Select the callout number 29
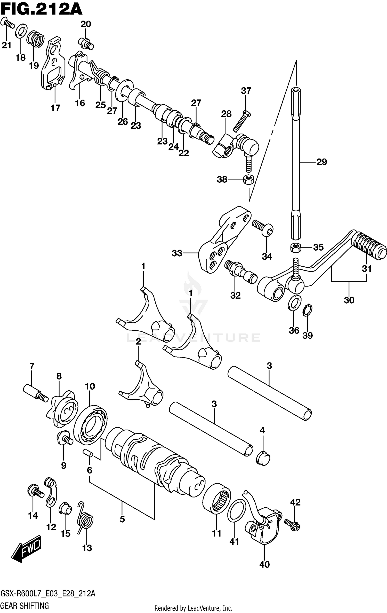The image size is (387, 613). click(321, 162)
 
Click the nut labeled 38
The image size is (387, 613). click(248, 179)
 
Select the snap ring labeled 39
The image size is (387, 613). click(308, 310)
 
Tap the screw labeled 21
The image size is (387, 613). click(7, 24)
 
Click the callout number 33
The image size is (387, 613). click(177, 253)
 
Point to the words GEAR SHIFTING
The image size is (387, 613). click(25, 604)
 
